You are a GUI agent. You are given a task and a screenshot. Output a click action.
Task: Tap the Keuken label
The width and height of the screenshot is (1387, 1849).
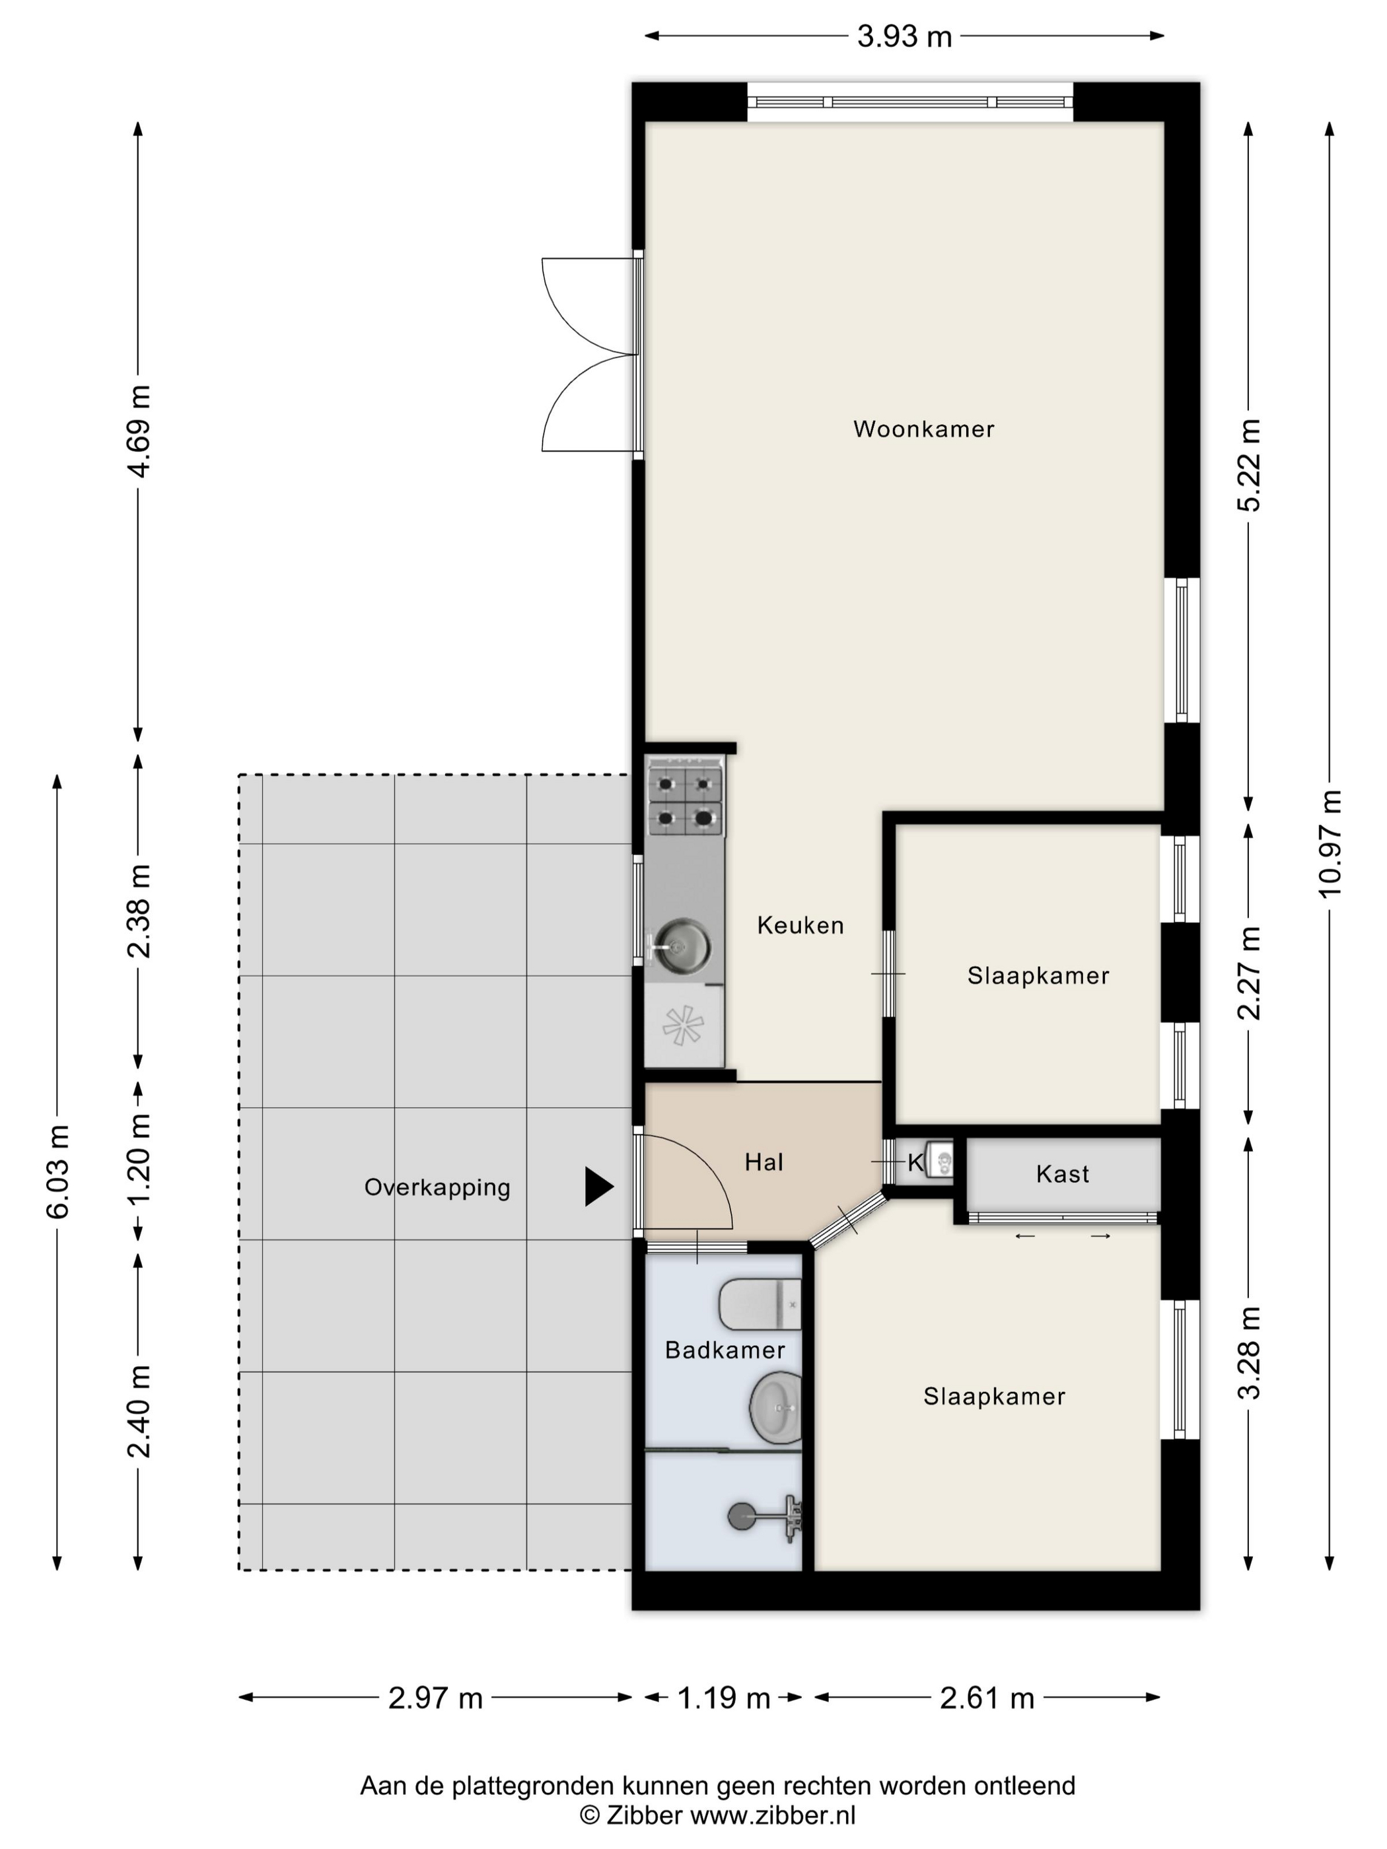800,925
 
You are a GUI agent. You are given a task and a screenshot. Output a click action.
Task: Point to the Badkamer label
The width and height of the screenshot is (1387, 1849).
725,1350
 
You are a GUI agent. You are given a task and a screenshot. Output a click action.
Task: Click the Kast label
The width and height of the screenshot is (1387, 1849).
1063,1174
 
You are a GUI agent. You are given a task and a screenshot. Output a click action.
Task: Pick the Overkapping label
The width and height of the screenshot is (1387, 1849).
437,1188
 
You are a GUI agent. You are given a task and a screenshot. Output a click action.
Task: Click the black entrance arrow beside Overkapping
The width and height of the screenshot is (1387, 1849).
598,1186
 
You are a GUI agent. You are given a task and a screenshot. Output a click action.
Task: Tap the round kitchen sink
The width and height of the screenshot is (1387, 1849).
682,946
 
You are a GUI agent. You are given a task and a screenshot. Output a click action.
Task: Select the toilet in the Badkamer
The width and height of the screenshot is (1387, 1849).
760,1304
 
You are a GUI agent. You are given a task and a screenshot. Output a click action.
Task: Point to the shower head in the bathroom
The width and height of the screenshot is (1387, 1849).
741,1516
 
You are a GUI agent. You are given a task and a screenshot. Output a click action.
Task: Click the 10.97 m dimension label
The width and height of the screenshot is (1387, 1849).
1330,844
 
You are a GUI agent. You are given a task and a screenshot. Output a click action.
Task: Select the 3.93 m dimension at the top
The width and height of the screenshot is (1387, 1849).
905,37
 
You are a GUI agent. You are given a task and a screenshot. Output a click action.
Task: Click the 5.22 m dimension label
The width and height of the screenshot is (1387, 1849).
1249,465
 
